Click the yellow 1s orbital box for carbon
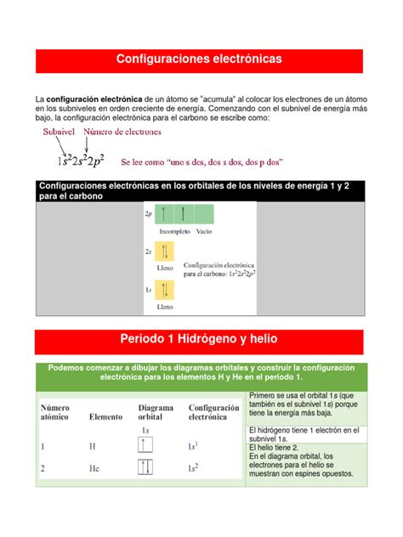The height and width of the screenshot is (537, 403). tap(165, 290)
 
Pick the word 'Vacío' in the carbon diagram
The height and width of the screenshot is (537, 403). tap(204, 230)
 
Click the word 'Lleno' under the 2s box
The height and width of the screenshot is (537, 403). tap(165, 268)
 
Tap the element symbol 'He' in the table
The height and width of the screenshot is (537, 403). tap(94, 467)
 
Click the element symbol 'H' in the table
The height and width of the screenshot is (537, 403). tap(92, 445)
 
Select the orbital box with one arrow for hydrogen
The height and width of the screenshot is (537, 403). tap(145, 444)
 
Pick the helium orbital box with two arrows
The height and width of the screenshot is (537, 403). tap(145, 466)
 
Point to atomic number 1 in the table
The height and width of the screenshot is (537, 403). tap(43, 445)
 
